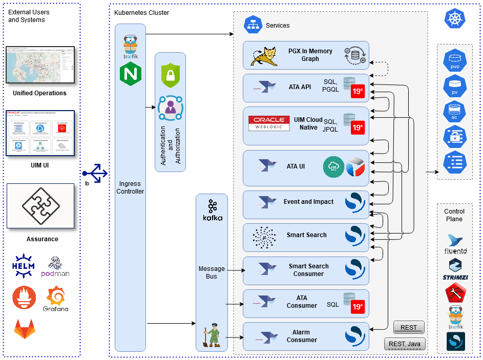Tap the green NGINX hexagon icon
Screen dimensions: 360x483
pos(130,74)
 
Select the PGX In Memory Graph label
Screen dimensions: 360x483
pos(310,55)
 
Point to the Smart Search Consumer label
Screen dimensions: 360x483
pos(308,270)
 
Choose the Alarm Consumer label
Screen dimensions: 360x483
pos(302,336)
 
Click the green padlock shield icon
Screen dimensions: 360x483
pos(170,76)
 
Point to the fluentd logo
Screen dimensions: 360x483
pos(455,244)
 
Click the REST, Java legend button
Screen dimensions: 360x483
pos(405,344)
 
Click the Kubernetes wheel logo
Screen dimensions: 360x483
pos(454,19)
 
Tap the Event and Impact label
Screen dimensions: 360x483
pos(308,202)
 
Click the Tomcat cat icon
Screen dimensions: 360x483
pos(264,56)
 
